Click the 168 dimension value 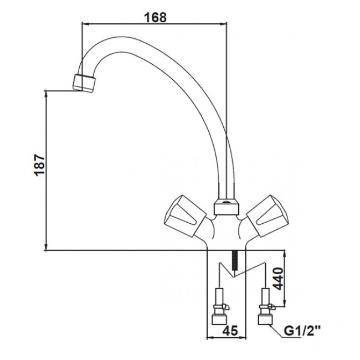coord(155,17)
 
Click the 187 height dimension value coord(40,165)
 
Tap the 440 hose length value coord(279,279)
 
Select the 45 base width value coord(230,331)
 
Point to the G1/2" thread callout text coord(302,331)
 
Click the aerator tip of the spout coord(84,83)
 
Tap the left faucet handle coord(185,216)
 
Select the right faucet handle coord(268,216)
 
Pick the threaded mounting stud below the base coord(234,261)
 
